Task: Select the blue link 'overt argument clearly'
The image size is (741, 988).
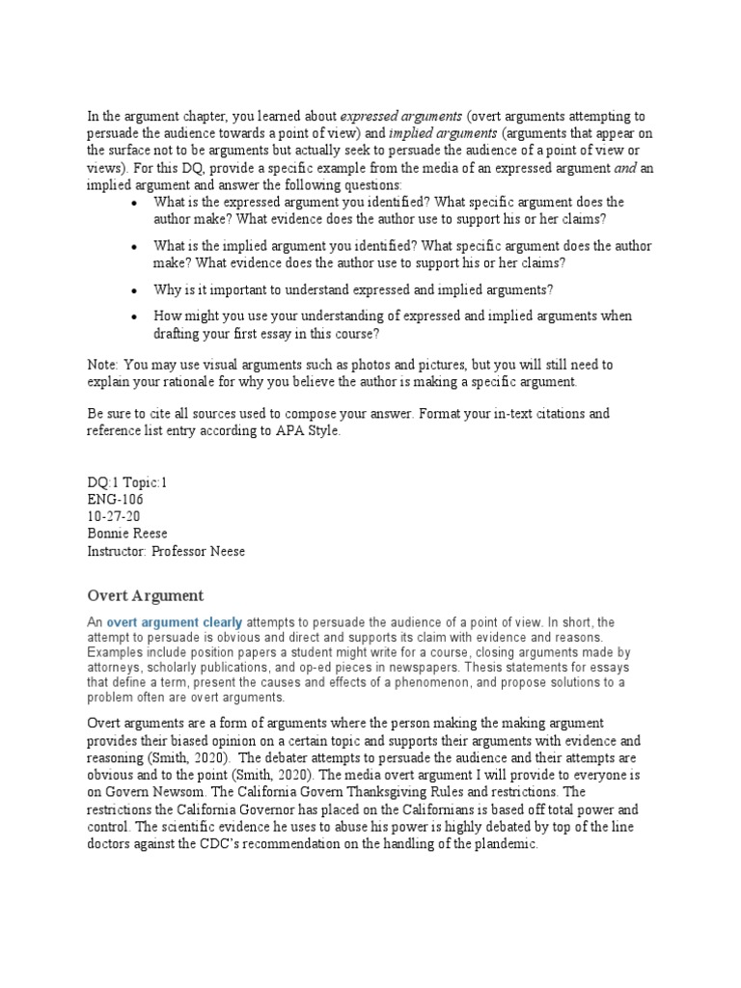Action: click(174, 623)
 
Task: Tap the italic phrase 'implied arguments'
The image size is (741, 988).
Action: click(445, 133)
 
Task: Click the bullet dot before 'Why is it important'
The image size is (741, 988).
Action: click(133, 290)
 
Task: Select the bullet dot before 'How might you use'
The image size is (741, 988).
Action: click(133, 317)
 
